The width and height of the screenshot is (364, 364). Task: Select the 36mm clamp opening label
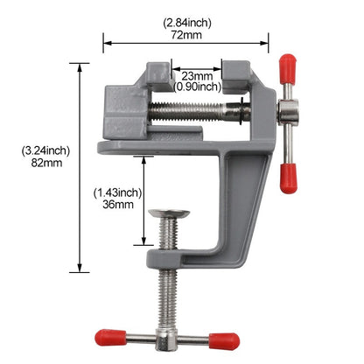point(116,204)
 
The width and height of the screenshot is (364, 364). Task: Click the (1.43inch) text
point(116,191)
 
